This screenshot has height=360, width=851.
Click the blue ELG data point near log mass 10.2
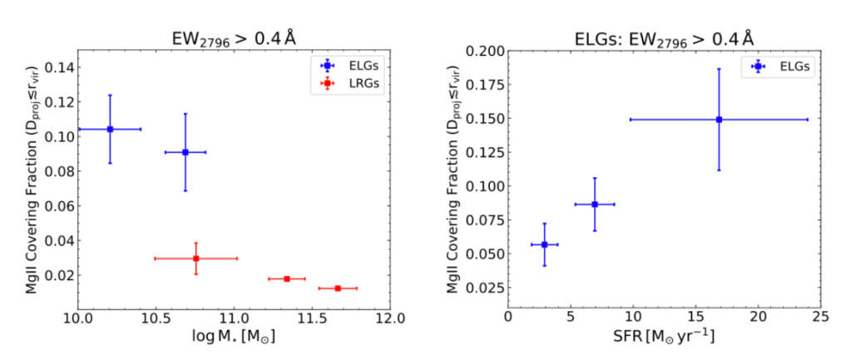[110, 129]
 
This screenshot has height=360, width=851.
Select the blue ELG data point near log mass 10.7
[186, 152]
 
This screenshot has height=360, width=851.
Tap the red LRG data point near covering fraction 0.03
[195, 259]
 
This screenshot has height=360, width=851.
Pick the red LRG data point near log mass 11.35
[287, 279]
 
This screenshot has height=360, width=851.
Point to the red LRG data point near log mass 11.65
[338, 288]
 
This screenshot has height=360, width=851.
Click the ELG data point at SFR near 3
[545, 244]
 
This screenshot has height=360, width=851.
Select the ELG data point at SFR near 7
[595, 204]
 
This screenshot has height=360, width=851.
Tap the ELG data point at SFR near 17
[719, 120]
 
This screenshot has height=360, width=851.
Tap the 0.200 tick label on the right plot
[484, 52]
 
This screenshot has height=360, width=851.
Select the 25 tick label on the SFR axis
[819, 318]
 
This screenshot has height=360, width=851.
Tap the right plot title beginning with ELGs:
[664, 37]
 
